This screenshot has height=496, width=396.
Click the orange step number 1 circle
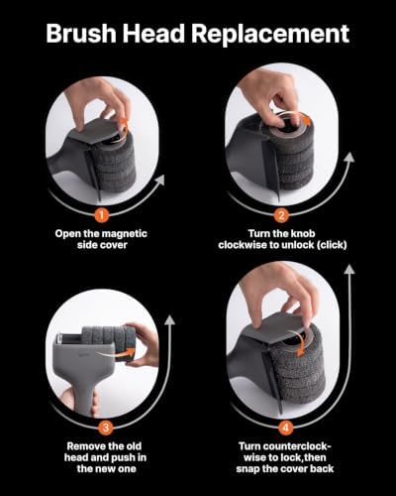pyautogui.click(x=102, y=215)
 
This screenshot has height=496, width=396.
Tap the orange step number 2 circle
pyautogui.click(x=281, y=215)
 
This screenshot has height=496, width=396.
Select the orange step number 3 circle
pyautogui.click(x=106, y=428)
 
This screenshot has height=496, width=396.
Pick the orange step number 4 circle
pyautogui.click(x=285, y=428)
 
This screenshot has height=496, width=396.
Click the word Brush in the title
pyautogui.click(x=81, y=34)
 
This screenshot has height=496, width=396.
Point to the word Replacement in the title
pyautogui.click(x=270, y=35)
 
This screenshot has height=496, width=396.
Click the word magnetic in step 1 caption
pyautogui.click(x=124, y=234)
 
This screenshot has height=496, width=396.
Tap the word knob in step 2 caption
pyautogui.click(x=303, y=233)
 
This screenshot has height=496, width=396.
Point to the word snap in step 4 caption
pyautogui.click(x=247, y=469)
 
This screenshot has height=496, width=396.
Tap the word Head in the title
pyautogui.click(x=154, y=34)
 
